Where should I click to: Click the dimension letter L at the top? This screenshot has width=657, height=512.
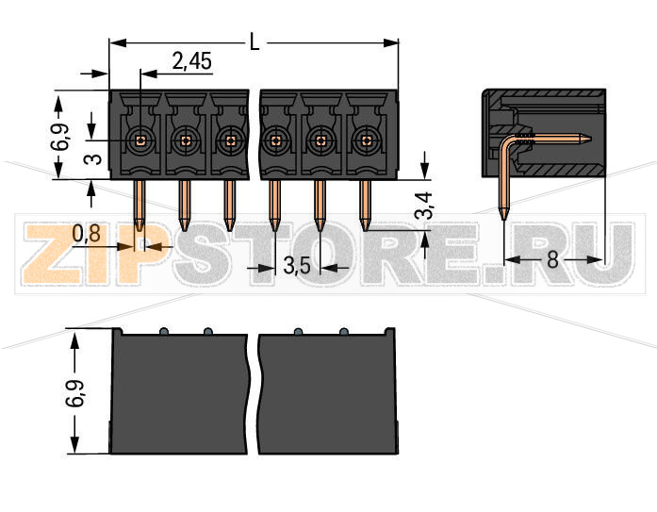[x=255, y=41]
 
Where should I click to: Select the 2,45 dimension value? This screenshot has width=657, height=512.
[x=191, y=62]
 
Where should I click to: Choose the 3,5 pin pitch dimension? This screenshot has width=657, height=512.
[x=297, y=267]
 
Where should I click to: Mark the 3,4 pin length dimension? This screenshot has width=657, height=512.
[x=425, y=206]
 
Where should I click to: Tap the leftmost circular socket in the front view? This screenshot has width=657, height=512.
[x=140, y=140]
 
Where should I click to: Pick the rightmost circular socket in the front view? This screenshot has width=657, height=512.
[x=366, y=140]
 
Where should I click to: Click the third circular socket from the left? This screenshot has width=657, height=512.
[x=229, y=140]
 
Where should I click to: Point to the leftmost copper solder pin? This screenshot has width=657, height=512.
[x=140, y=203]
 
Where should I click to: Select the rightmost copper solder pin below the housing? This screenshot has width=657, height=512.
[x=366, y=203]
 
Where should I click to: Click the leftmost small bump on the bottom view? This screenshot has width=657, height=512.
[x=163, y=331]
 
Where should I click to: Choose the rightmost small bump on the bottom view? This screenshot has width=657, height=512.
[x=344, y=331]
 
